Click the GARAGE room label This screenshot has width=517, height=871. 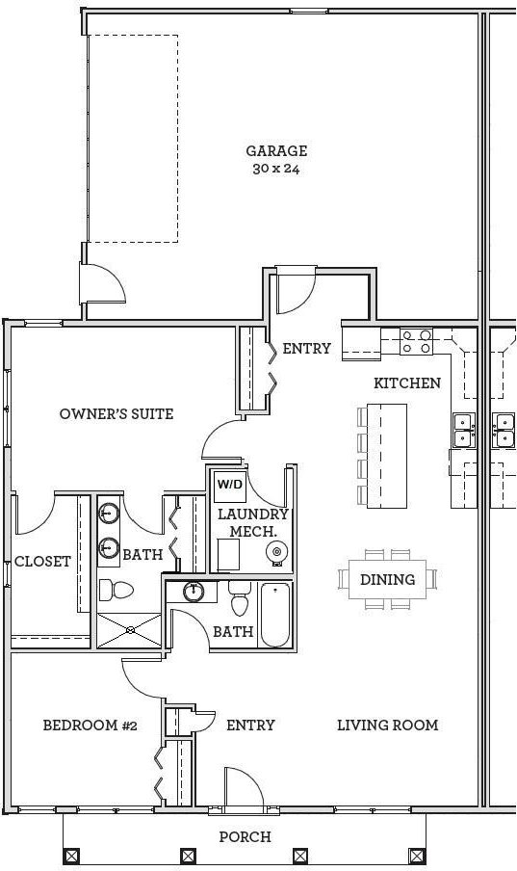click(x=276, y=150)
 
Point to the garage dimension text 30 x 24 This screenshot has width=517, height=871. click(x=276, y=169)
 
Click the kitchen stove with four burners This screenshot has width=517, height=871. click(x=417, y=341)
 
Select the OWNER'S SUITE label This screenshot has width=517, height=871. click(x=116, y=414)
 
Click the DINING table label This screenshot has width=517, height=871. click(x=388, y=579)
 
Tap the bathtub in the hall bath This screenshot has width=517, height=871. click(x=275, y=615)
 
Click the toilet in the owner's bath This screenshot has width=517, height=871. click(x=116, y=590)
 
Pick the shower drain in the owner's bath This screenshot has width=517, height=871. click(x=130, y=630)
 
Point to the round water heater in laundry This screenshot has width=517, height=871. click(x=276, y=551)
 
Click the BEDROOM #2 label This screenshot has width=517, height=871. click(x=90, y=725)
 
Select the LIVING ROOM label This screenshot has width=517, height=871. click(x=388, y=725)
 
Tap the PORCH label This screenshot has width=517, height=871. click(x=245, y=836)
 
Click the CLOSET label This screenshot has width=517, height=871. click(x=42, y=562)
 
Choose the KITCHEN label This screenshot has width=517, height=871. click(x=407, y=383)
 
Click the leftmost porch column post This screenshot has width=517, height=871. click(x=71, y=856)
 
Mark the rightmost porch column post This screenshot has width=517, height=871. click(x=417, y=856)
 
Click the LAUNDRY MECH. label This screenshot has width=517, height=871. click(x=252, y=523)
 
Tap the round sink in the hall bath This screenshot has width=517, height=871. click(x=194, y=591)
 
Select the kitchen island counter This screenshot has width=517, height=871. click(x=387, y=456)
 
